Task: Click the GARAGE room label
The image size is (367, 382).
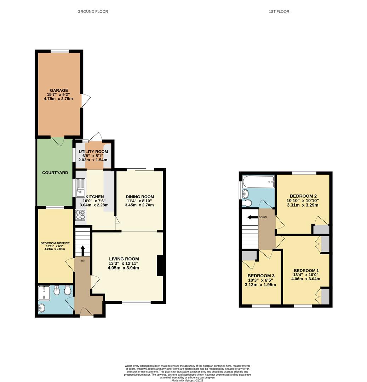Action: point(59,91)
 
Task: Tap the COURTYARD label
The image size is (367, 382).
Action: point(55,173)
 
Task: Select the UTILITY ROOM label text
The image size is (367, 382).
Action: point(93,152)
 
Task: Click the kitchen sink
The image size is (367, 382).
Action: point(80,187)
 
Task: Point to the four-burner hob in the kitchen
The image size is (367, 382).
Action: point(80,215)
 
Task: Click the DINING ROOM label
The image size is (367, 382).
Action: point(140,197)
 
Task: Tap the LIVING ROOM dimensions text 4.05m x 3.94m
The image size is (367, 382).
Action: point(123,268)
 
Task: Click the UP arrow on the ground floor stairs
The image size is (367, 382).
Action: point(83,251)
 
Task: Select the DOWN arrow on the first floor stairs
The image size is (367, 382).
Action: point(252,217)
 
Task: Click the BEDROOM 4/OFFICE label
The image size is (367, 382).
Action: point(55,243)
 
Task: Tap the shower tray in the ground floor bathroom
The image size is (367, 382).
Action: point(44,292)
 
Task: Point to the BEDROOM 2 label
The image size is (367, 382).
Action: point(303,196)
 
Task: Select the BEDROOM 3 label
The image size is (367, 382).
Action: point(261,276)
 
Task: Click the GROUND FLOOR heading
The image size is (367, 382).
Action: point(93,12)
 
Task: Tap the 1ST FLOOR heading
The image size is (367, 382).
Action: point(279,12)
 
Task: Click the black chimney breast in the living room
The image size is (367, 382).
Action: point(160,265)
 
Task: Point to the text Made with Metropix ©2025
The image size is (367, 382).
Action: point(188,380)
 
